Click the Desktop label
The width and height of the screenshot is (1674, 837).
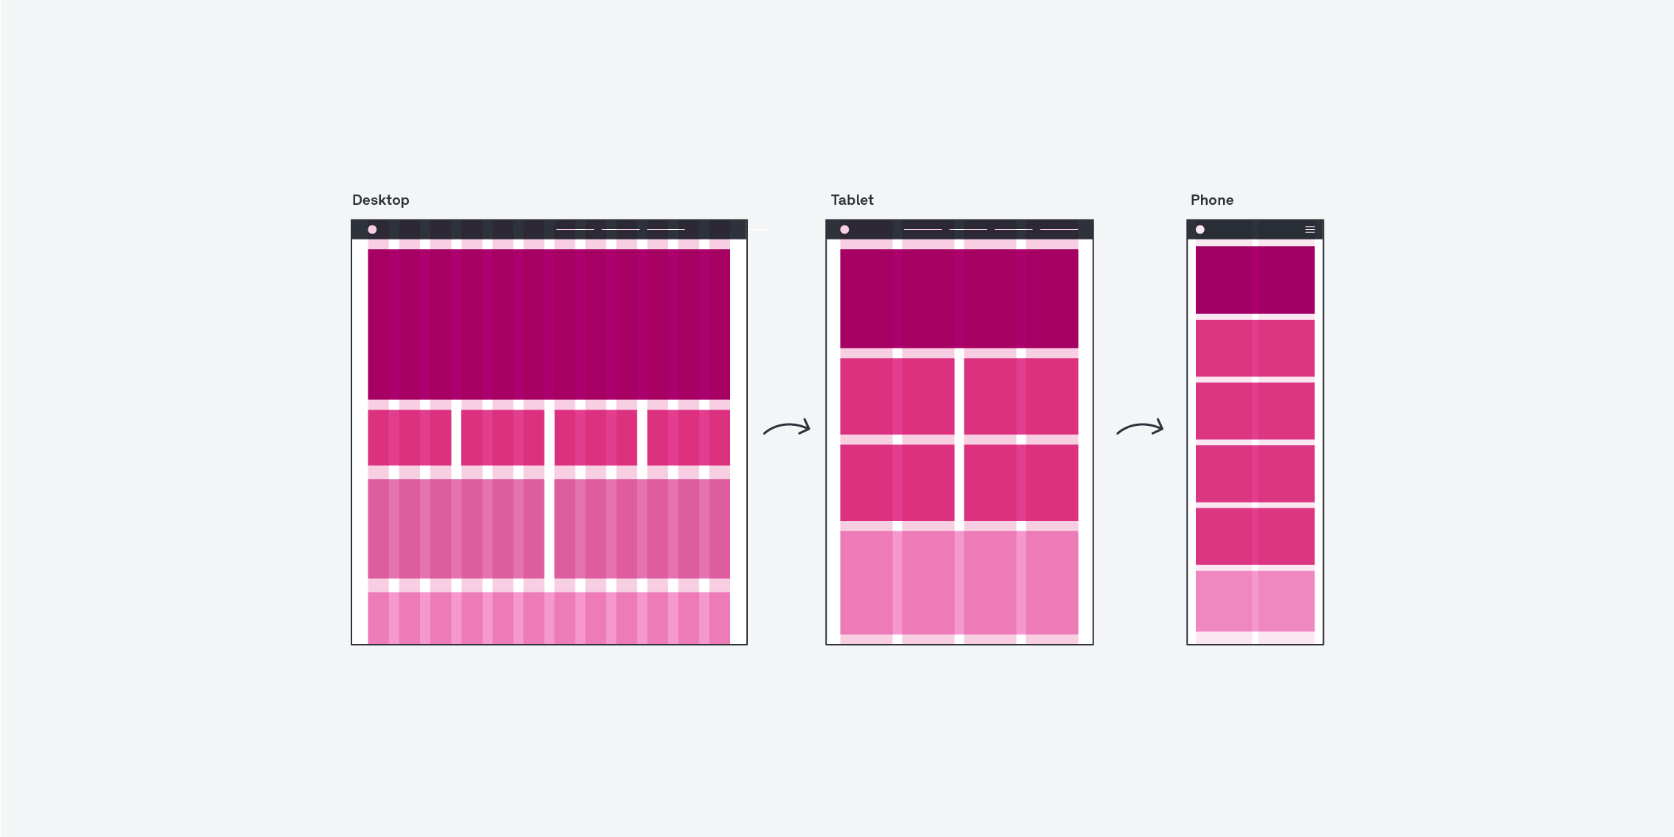380,200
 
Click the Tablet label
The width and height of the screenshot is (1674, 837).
852,200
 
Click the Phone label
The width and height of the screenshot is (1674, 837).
1211,200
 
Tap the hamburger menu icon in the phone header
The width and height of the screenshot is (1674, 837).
1309,230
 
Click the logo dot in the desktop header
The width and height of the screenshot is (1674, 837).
372,230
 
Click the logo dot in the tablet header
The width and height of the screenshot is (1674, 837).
844,230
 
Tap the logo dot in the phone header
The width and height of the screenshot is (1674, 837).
1200,230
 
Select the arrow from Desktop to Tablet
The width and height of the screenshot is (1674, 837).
786,428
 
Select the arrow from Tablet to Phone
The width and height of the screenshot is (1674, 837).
1140,428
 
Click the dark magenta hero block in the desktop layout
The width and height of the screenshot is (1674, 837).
548,324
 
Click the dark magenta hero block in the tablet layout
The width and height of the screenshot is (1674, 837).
959,298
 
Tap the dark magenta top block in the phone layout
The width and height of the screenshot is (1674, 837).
1255,280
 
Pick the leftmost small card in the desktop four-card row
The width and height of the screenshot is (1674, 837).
409,438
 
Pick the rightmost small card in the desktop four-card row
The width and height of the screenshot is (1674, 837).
688,438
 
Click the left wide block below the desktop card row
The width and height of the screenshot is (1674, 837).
455,529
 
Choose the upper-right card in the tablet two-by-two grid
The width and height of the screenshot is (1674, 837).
1020,396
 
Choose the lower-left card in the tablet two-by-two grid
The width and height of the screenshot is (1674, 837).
897,483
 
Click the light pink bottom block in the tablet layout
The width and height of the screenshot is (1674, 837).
959,582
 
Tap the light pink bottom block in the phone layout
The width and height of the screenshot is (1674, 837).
1255,601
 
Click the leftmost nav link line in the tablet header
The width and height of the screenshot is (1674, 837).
922,230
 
